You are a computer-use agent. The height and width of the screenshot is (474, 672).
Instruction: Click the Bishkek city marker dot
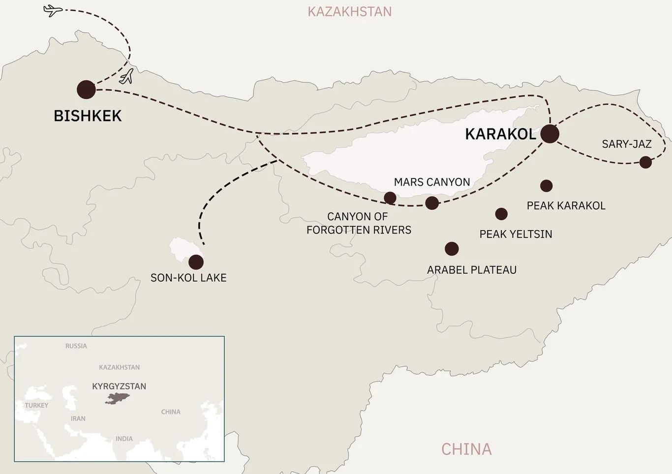point(86,89)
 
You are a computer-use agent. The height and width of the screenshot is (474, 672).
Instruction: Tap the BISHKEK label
point(88,116)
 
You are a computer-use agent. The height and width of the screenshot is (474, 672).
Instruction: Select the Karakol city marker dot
point(550,134)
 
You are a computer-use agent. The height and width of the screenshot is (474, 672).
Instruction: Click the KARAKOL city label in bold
point(500,134)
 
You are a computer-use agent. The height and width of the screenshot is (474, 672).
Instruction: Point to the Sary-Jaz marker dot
point(645,162)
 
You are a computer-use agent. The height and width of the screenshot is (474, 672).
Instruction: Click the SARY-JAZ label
point(626,144)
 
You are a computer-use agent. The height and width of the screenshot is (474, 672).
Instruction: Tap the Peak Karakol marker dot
point(546,186)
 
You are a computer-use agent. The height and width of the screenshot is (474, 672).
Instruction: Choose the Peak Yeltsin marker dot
point(501,214)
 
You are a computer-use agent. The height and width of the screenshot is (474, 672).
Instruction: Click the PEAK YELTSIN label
point(516,234)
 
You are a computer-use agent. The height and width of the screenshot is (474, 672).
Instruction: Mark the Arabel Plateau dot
point(452,249)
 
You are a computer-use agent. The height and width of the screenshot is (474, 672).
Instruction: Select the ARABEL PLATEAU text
point(471,270)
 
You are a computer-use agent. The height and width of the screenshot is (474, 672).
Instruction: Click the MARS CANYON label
point(432,182)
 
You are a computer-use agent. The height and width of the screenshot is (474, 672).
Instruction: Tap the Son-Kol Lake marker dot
point(196,262)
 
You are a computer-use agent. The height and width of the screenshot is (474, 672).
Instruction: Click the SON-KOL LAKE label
point(188,278)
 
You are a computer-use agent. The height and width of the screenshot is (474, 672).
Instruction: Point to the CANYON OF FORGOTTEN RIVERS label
point(359,223)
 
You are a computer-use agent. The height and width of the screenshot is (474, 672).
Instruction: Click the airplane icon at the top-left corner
point(53,10)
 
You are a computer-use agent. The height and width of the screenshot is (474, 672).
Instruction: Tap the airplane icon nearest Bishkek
point(127,77)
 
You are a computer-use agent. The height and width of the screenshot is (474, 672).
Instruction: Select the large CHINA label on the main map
point(466,449)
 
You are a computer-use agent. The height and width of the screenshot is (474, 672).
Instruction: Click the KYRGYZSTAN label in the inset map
point(119,386)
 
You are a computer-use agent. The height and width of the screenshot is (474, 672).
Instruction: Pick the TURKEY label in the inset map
point(36,406)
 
